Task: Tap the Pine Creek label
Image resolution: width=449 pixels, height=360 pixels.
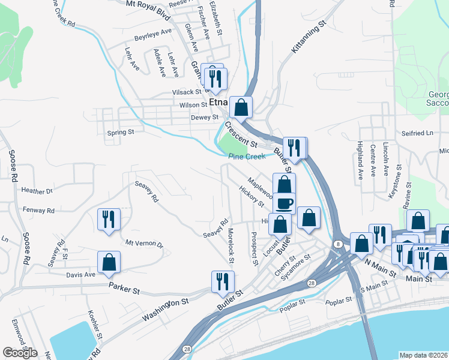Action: (x=246, y=157)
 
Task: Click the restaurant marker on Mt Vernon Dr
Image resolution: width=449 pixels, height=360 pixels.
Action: (x=109, y=219)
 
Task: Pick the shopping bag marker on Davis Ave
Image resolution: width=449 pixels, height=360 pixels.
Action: (x=109, y=262)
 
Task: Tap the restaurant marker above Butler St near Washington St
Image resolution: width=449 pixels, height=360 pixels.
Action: (x=223, y=281)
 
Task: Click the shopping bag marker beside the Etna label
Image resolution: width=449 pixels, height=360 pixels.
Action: (x=241, y=108)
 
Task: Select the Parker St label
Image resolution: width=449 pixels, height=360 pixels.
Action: (x=124, y=289)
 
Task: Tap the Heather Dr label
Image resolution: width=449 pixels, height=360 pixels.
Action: (x=37, y=191)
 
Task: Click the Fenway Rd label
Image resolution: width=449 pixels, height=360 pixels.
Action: (x=38, y=211)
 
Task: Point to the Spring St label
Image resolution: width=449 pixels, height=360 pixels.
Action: (x=120, y=131)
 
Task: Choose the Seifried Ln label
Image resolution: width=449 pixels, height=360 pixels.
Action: (x=417, y=133)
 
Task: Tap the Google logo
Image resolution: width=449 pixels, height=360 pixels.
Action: (x=20, y=353)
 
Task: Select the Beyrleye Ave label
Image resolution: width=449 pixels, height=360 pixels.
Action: (x=154, y=31)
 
